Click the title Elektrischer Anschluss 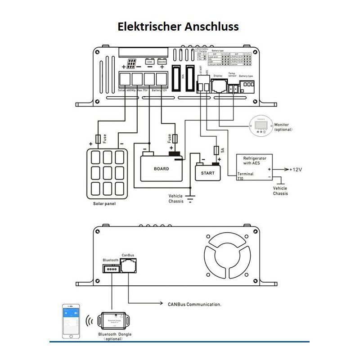coord(178,26)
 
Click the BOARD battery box coord(161,168)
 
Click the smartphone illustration coord(70,321)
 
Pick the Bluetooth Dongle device coord(113,320)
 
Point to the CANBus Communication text coord(194,305)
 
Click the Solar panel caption coord(104,204)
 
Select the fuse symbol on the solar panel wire coord(99,138)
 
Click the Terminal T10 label coord(245,176)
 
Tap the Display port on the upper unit coord(218,85)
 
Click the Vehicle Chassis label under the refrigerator coord(280,191)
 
